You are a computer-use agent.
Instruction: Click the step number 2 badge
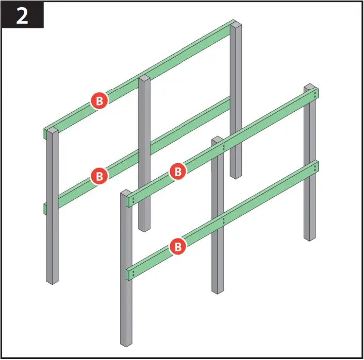(23, 15)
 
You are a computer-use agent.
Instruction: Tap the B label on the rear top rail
(99, 100)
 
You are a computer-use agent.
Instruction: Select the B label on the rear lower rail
(99, 176)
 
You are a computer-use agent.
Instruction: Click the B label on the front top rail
(177, 171)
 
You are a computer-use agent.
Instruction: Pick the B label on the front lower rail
(177, 247)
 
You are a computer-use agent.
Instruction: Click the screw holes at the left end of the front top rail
(133, 200)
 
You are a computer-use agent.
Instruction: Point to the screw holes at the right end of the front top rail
(315, 94)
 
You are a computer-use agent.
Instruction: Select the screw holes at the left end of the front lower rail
(133, 273)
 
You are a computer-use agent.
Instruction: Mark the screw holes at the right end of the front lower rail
(315, 167)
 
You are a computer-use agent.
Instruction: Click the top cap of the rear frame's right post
(236, 23)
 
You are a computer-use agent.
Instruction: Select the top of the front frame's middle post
(218, 139)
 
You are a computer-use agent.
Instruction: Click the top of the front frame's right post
(309, 86)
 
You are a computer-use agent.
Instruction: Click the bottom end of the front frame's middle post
(218, 290)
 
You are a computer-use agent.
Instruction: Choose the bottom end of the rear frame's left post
(52, 281)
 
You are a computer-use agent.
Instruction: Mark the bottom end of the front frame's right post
(309, 238)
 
